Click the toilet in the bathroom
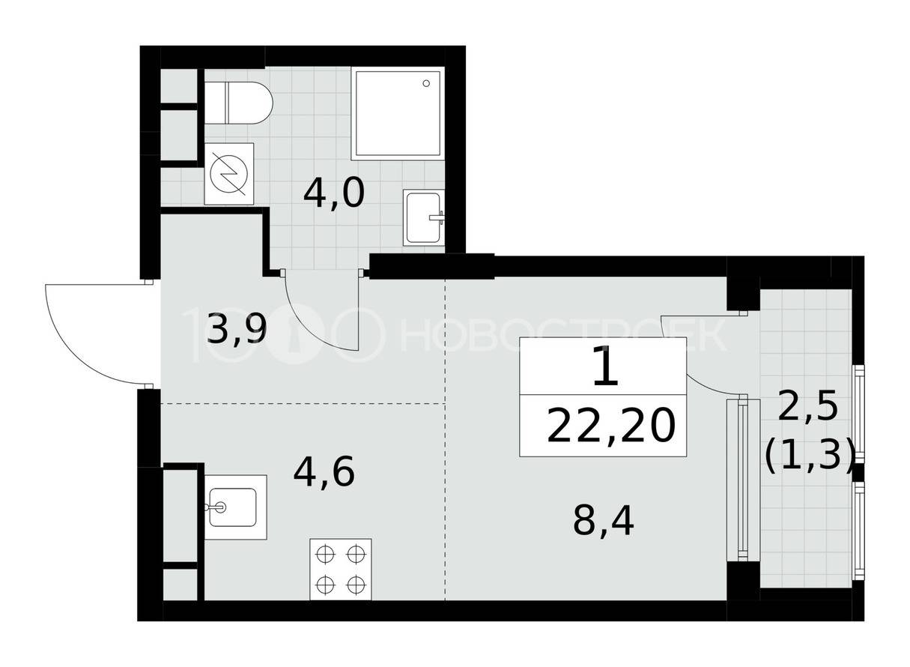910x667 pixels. (x=237, y=103)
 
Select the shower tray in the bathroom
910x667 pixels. (x=398, y=114)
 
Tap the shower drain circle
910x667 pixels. (x=426, y=83)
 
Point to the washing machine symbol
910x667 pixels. (x=228, y=174)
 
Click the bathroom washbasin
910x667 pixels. (x=424, y=217)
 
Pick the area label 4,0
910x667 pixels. (x=334, y=194)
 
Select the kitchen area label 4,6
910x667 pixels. (x=324, y=472)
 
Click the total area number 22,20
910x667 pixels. (x=611, y=426)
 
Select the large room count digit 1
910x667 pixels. (x=605, y=366)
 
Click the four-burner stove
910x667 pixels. (x=341, y=570)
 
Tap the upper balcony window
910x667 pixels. (x=859, y=412)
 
